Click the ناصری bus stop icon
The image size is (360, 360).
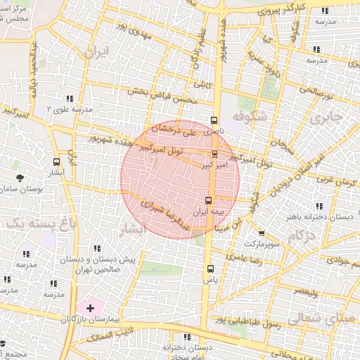214,120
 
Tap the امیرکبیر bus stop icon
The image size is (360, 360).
214,154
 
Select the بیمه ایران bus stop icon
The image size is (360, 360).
207,200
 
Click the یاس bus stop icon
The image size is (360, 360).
210,269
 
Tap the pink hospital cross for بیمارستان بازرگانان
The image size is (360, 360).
90,308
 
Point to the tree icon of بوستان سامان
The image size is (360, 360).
19,179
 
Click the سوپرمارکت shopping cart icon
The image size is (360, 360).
262,233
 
